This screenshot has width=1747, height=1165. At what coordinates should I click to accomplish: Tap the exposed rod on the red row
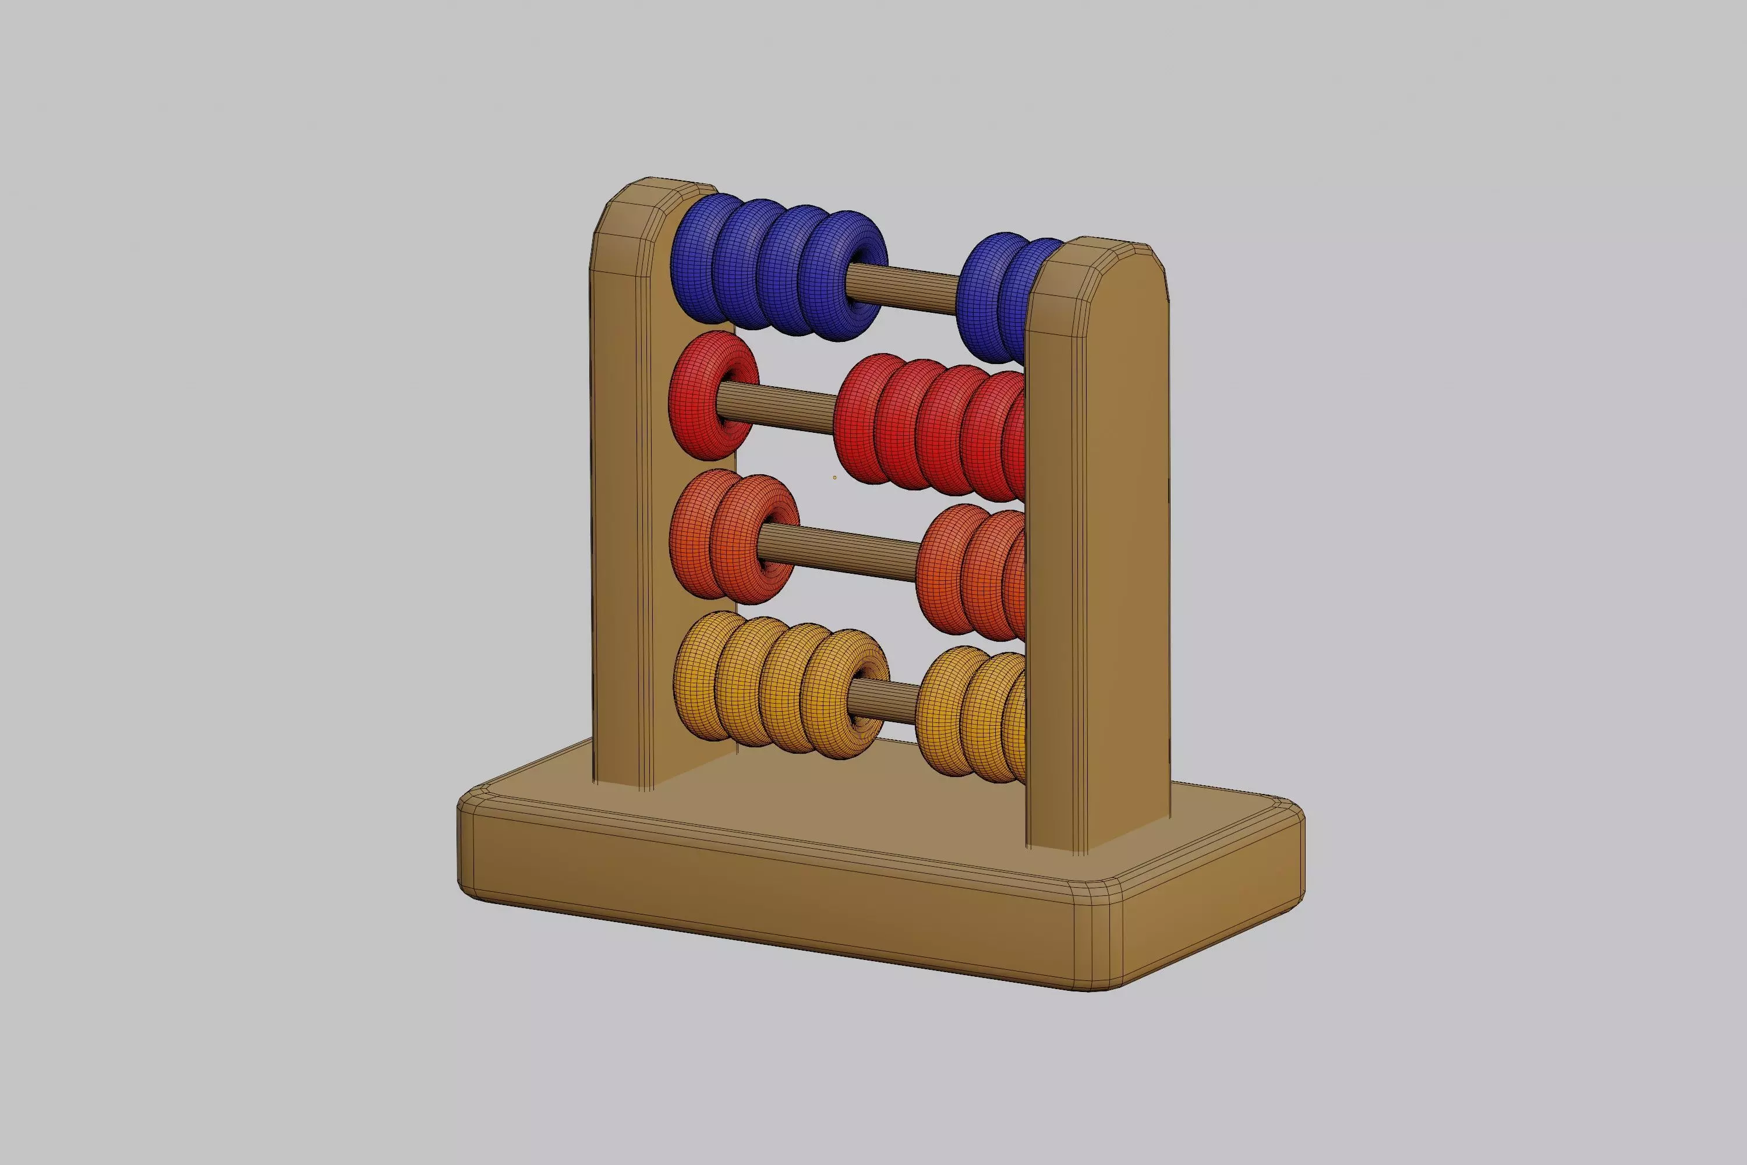coord(776,407)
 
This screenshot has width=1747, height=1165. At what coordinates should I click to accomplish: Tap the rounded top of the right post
coord(1099,260)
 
